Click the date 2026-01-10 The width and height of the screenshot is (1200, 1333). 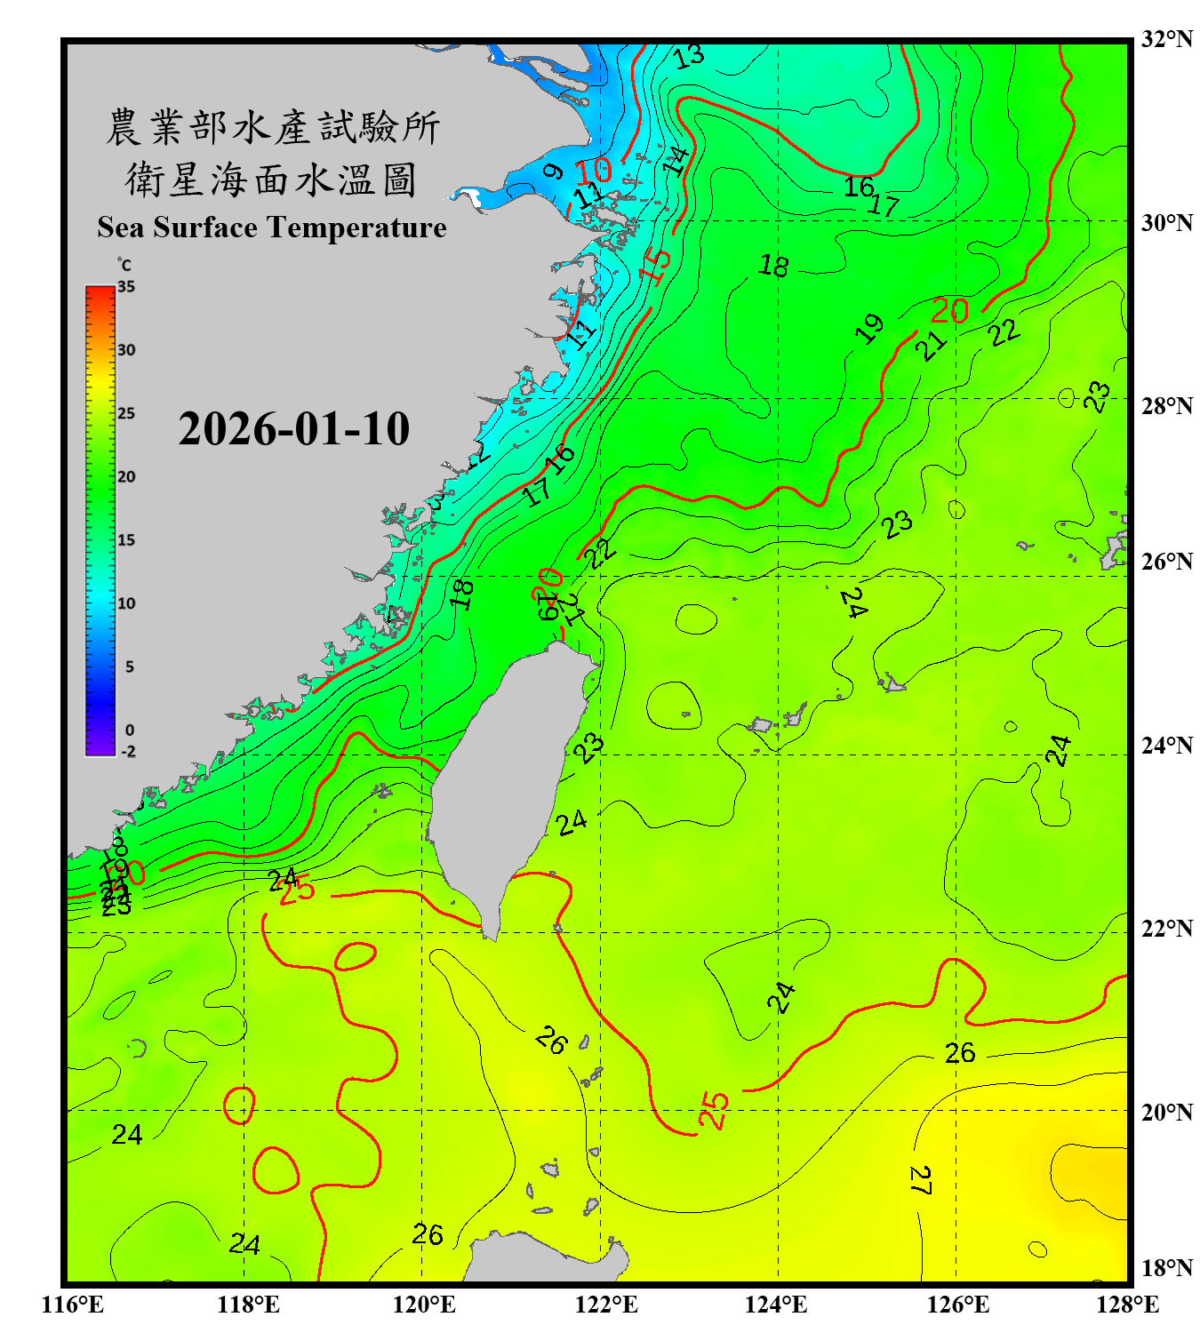pos(293,429)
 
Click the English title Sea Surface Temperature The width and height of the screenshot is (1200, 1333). pos(272,227)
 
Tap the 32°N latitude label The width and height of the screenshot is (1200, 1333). pos(1166,39)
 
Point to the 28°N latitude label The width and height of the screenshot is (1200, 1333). pos(1166,406)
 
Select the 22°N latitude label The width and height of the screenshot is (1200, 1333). pos(1166,929)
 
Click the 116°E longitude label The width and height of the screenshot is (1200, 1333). pos(73,1305)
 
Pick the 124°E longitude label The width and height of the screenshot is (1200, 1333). pos(776,1305)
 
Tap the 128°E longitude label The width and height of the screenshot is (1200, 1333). pos(1127,1305)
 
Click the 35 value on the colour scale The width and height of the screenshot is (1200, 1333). pos(126,287)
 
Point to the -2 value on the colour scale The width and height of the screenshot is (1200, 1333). pos(128,752)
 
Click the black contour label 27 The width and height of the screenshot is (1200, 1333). pos(920,1180)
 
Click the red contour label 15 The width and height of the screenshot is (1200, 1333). pos(656,267)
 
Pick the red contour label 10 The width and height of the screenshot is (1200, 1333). pos(593,171)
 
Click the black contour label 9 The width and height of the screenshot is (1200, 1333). pos(553,171)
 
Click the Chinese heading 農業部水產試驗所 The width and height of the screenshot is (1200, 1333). pos(272,127)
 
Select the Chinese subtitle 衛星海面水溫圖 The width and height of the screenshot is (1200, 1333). pos(270,180)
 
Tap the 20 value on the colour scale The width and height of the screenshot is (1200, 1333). pos(126,477)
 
